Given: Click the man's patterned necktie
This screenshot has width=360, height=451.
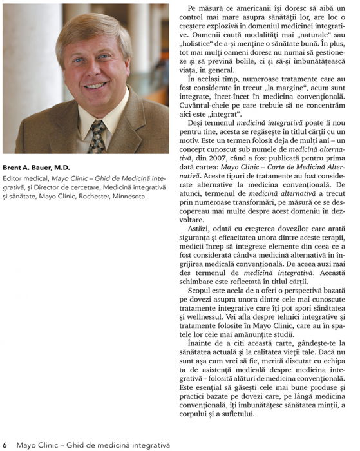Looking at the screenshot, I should point(97,136).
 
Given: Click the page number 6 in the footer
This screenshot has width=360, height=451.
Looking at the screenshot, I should point(5,444).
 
